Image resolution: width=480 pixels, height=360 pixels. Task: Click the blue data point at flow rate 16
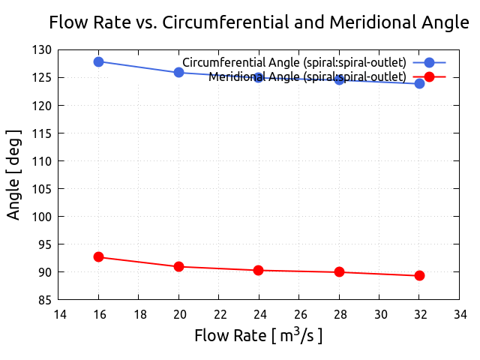(x=98, y=61)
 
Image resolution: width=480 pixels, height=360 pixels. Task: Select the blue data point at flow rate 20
(x=178, y=72)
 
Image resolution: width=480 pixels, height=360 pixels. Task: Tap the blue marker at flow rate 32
(x=419, y=83)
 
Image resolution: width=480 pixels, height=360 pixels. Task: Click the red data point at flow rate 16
(x=98, y=256)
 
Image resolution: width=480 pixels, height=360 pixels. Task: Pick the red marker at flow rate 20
(x=178, y=266)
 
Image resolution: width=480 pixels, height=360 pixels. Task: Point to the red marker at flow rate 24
(x=259, y=270)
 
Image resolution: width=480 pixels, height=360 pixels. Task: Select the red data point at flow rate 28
(x=339, y=272)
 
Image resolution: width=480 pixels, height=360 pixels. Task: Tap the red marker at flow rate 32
(x=419, y=275)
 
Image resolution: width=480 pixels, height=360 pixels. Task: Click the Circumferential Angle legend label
(x=294, y=61)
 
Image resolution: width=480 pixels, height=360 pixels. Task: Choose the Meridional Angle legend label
(x=307, y=76)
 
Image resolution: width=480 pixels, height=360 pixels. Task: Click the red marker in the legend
(x=429, y=76)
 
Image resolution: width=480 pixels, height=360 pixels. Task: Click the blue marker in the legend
(x=429, y=62)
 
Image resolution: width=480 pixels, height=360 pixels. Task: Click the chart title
(x=259, y=22)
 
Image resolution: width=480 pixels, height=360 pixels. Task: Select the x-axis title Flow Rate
(x=259, y=335)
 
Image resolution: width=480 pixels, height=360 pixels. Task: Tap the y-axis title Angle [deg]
(x=13, y=175)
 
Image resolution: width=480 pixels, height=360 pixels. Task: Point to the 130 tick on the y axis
(x=42, y=49)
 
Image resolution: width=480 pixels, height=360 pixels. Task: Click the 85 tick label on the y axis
(x=45, y=300)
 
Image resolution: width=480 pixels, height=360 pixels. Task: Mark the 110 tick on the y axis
(x=42, y=161)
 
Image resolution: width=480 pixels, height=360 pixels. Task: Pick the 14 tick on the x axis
(x=58, y=315)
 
